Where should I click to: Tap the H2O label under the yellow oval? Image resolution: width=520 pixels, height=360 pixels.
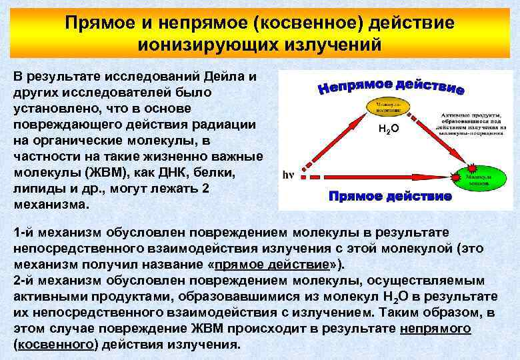(388, 129)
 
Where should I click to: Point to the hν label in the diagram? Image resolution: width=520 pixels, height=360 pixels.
(288, 177)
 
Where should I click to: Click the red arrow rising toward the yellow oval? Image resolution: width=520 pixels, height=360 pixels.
(333, 144)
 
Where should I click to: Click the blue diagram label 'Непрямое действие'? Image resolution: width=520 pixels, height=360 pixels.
(390, 87)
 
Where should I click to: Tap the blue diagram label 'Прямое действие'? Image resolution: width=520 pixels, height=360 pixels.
(390, 197)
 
